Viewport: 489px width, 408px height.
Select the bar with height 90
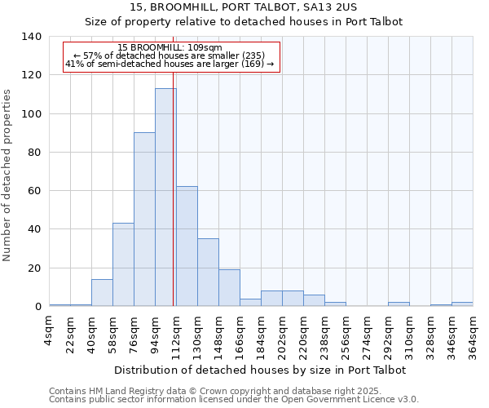click(144, 220)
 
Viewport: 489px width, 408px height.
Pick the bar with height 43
click(123, 264)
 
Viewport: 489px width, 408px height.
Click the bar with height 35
click(208, 273)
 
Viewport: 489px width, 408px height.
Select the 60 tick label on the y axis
click(34, 191)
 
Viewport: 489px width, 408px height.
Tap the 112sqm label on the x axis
click(176, 334)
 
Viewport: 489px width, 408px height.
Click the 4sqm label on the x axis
click(49, 330)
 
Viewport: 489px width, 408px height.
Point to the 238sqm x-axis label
click(324, 334)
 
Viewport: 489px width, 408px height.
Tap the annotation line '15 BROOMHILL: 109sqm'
click(170, 47)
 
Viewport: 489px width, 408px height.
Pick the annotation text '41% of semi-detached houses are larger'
click(170, 64)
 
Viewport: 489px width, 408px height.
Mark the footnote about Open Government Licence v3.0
click(234, 400)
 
